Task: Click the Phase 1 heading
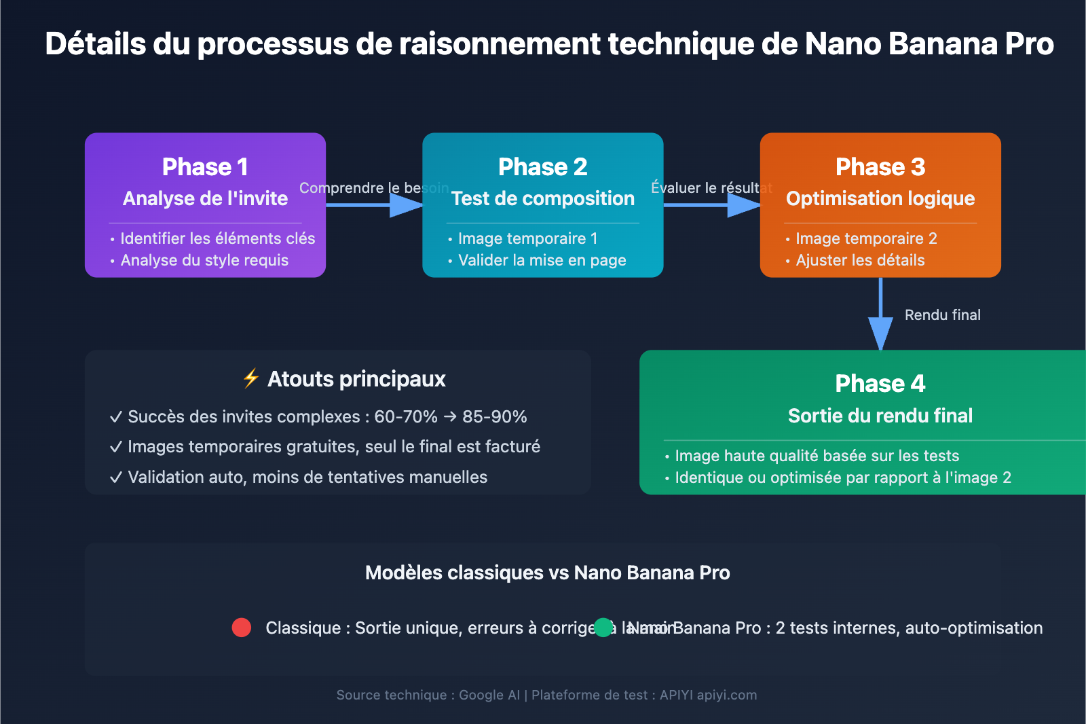205,167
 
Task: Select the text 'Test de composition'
542,198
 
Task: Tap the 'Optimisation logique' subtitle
880,198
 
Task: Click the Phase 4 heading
880,384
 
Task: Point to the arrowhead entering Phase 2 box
406,205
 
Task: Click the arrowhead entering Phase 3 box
743,205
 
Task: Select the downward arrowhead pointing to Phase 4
880,333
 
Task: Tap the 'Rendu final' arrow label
942,315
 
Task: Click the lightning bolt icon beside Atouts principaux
251,378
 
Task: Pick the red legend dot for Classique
242,628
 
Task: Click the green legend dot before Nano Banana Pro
603,628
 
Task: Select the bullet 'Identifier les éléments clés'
217,238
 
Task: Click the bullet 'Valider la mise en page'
542,260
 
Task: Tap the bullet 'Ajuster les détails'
860,260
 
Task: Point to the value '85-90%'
494,416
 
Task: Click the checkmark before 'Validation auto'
116,477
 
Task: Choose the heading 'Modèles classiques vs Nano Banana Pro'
547,573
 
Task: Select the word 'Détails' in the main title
96,44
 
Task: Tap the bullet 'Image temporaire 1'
527,238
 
